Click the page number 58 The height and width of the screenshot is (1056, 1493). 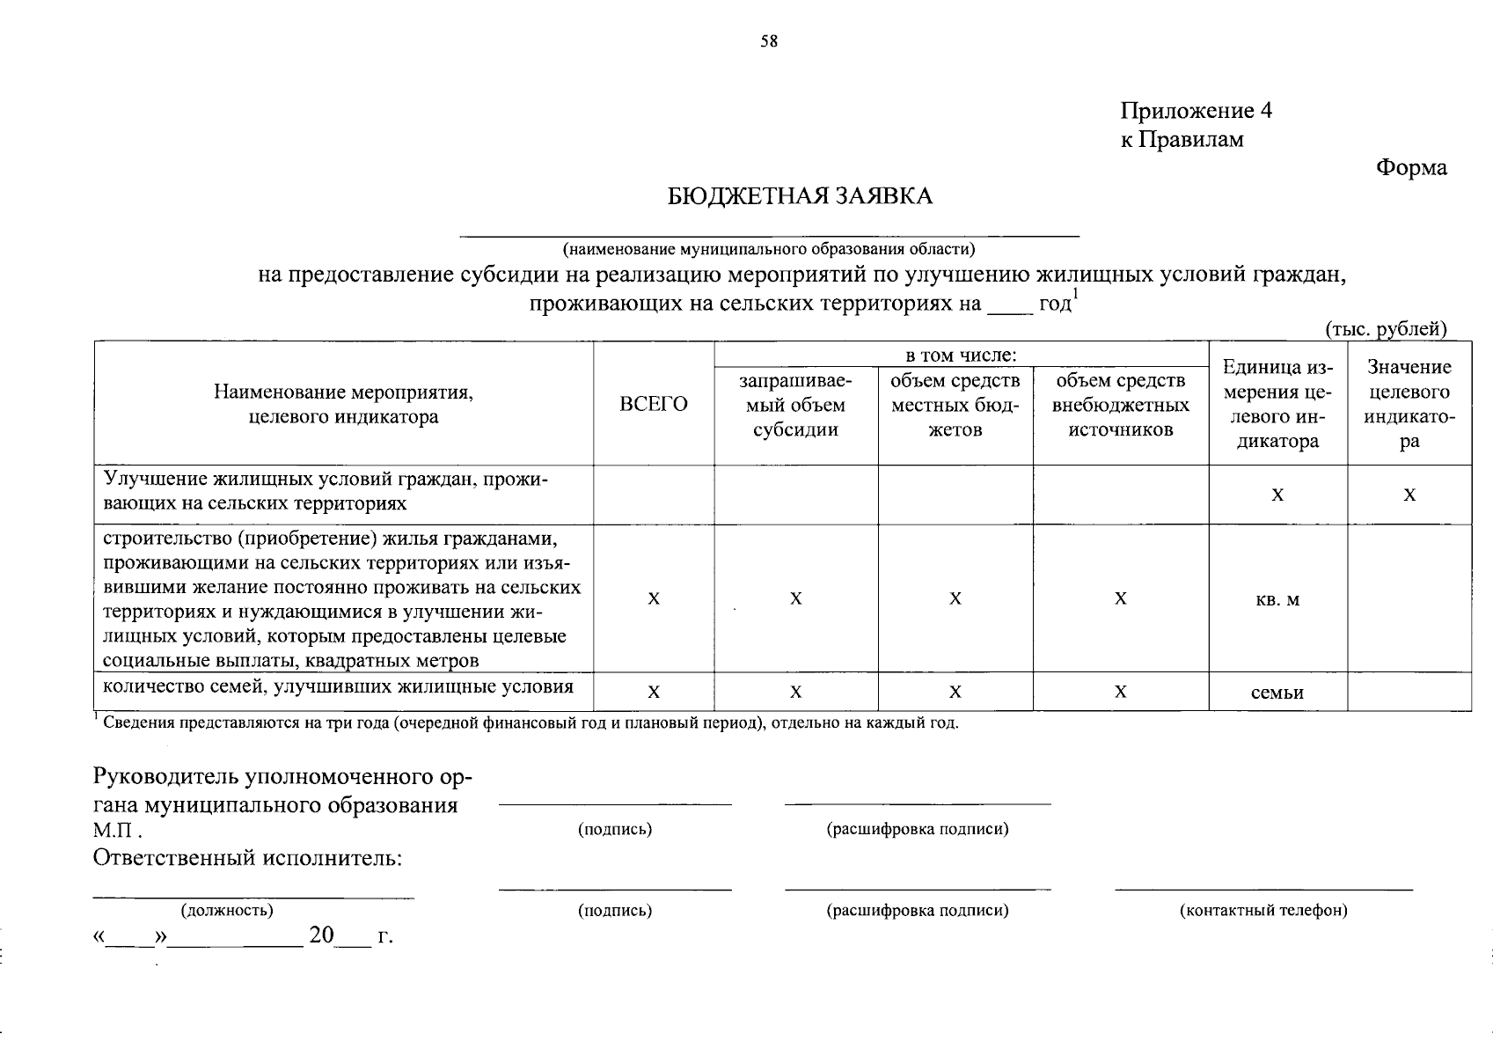point(769,41)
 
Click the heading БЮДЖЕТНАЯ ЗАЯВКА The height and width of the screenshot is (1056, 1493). point(800,196)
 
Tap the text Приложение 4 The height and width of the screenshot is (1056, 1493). point(1196,111)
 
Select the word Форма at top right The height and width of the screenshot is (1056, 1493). point(1411,167)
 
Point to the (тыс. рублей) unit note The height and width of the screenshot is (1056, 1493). point(1386,329)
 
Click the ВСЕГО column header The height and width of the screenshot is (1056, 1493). point(654,404)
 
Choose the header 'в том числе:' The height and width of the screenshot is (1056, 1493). point(962,356)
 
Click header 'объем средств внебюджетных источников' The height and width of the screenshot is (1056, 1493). point(1121,405)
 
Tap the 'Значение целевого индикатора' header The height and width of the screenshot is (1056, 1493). point(1409,404)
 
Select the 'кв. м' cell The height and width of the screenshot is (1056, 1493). point(1277,599)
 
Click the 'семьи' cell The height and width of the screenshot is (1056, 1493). point(1277,693)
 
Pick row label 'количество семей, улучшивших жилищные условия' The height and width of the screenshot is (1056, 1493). point(339,686)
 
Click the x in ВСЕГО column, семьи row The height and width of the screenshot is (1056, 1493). point(654,693)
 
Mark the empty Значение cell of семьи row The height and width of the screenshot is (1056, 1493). point(1409,693)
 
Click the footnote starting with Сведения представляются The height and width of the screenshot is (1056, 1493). point(528,724)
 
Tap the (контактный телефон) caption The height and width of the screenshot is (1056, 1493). point(1262,911)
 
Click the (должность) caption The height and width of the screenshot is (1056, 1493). point(226,910)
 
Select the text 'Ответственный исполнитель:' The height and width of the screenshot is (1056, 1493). point(247,858)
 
